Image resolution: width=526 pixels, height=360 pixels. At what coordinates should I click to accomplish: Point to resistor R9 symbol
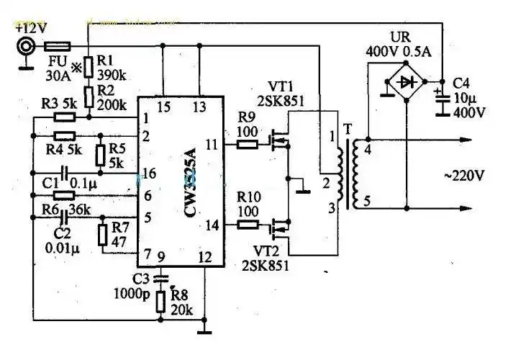246,143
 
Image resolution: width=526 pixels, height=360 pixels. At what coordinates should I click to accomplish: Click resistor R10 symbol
246,225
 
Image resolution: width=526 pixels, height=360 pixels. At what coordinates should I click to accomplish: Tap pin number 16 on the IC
150,173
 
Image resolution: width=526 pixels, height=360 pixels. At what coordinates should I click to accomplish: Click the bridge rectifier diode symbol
408,83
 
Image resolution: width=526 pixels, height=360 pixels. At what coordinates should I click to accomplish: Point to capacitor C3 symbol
160,276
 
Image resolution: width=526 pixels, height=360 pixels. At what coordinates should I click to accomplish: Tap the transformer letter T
350,130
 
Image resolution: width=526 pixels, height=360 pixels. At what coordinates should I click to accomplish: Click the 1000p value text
132,292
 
